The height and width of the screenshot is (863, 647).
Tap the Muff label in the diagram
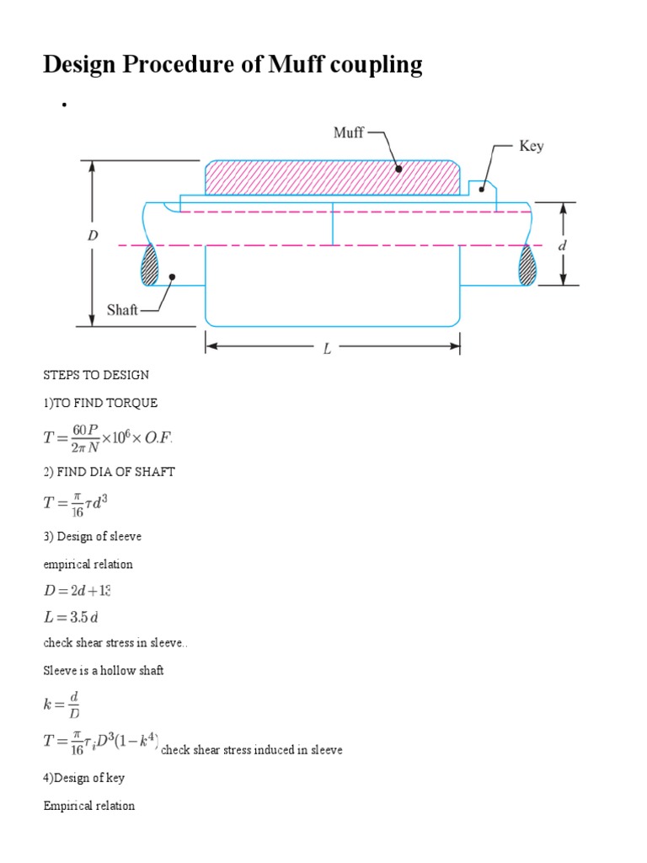click(349, 133)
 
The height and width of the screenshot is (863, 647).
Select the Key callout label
click(531, 146)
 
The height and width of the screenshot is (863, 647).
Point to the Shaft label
click(122, 310)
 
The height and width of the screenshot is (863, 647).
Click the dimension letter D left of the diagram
click(93, 237)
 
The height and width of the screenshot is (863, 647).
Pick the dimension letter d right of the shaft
click(563, 245)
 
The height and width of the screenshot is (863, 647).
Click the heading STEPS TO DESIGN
click(96, 373)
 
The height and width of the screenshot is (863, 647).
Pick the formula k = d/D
click(67, 701)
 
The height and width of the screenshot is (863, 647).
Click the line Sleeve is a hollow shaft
click(103, 670)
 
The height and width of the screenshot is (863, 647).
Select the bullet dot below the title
click(62, 105)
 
